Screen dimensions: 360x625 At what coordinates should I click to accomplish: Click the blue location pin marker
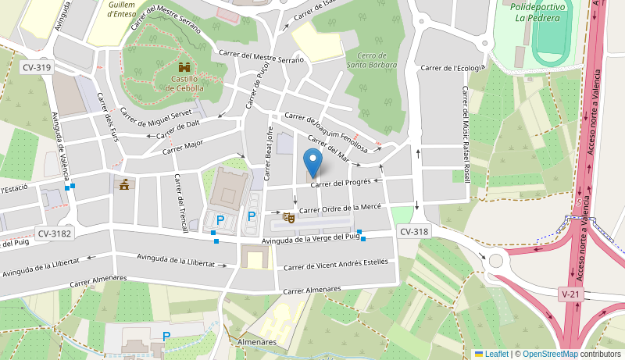(x=312, y=162)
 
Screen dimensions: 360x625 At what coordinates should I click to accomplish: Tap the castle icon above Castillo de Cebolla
(x=184, y=68)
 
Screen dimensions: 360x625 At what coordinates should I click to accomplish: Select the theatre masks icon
(x=288, y=217)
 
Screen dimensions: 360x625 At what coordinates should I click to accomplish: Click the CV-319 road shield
(x=37, y=68)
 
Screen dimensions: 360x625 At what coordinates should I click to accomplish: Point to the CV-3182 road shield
(x=53, y=233)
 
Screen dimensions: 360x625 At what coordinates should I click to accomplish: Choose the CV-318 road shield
(x=414, y=232)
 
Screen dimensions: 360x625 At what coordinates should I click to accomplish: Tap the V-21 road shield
(x=570, y=294)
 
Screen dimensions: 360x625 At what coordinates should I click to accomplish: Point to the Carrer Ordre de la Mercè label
(x=340, y=208)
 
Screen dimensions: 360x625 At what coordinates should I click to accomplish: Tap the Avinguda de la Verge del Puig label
(x=310, y=240)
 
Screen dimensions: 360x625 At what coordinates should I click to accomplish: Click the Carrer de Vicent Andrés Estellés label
(x=335, y=265)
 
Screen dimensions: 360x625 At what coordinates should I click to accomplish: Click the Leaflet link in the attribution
(x=496, y=354)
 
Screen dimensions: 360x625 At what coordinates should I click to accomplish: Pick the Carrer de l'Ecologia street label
(x=452, y=68)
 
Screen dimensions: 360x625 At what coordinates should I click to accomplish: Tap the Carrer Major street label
(x=183, y=146)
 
